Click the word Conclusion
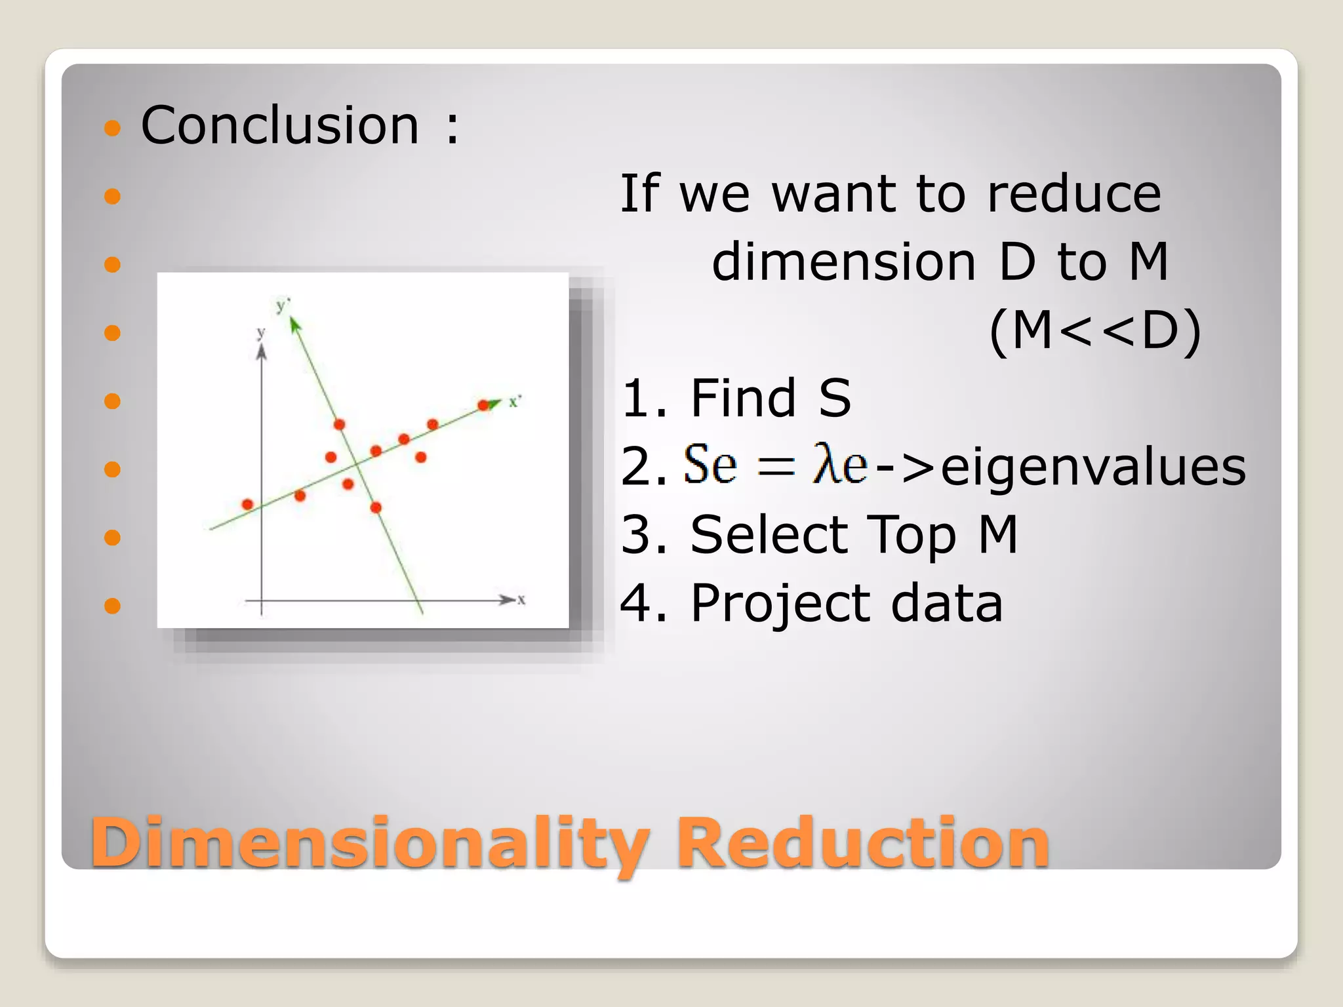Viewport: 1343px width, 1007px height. point(280,125)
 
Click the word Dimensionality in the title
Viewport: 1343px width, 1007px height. point(370,844)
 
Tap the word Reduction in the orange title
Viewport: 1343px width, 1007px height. point(862,844)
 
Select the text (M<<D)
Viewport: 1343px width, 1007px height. point(1094,332)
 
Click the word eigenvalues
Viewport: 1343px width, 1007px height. point(1093,467)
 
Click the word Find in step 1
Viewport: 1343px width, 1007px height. point(743,398)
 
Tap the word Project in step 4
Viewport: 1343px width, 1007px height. point(779,604)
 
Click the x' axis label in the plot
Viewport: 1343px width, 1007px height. point(515,401)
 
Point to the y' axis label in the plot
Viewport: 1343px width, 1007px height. point(283,306)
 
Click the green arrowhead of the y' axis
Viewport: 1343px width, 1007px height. point(294,324)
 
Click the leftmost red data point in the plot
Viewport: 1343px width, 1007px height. point(247,504)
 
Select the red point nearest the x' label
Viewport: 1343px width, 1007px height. point(484,405)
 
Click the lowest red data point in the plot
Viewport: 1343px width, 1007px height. point(376,507)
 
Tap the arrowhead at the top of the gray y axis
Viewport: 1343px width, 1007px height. point(262,352)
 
